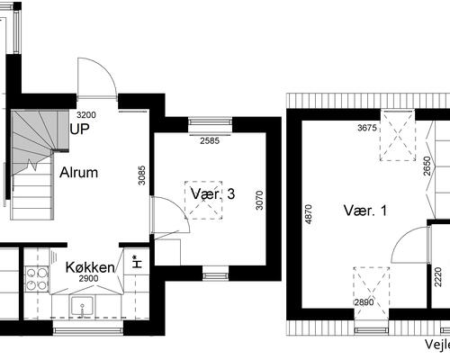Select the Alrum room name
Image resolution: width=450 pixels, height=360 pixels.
click(x=79, y=173)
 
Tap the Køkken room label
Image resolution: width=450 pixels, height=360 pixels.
click(x=90, y=267)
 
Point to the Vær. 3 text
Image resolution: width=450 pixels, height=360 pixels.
click(x=213, y=194)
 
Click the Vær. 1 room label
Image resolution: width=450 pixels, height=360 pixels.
click(x=364, y=211)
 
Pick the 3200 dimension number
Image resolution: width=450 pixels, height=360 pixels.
click(x=86, y=116)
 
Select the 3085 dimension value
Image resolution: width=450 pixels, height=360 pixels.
click(x=142, y=173)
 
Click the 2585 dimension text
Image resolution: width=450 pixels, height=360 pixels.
click(x=210, y=141)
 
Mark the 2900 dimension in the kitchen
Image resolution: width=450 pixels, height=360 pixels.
click(x=89, y=279)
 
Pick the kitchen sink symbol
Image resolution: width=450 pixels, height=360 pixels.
click(x=85, y=308)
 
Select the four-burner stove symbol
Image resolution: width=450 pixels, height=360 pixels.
click(x=37, y=281)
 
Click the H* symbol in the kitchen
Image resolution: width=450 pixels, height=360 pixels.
click(x=135, y=262)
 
